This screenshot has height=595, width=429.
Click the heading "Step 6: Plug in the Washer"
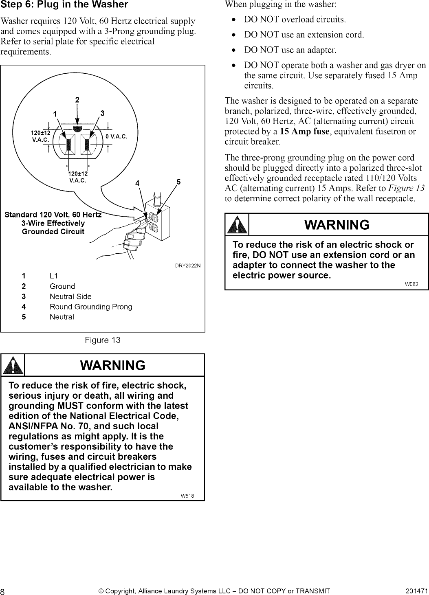coord(64,5)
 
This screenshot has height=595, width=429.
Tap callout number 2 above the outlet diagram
coord(77,100)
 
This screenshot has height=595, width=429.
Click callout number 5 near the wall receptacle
coord(178,181)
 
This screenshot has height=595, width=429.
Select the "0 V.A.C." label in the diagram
coord(117,136)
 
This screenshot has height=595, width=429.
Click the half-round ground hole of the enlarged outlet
coord(77,129)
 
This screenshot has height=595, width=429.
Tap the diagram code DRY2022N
coord(188,266)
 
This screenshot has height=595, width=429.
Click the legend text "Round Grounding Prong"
coord(91,307)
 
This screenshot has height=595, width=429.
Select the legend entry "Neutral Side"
coord(70,296)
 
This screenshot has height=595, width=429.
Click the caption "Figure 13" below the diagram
coord(103,340)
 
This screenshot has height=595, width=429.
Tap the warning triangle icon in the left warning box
coord(13,365)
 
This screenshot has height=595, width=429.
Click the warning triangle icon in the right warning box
coord(237,225)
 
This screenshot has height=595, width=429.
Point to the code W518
coord(187,496)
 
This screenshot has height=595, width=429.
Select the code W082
coord(411,284)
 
